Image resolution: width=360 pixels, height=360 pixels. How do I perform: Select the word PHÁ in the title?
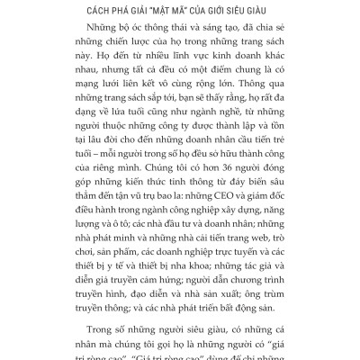[x=101, y=11]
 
